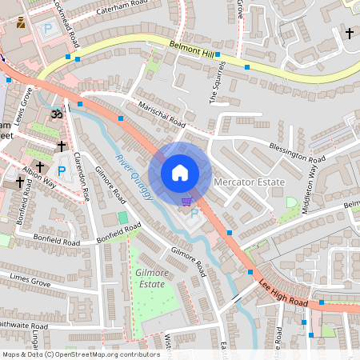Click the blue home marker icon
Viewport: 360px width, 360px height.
pos(180,173)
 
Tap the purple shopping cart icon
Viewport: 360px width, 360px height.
pos(186,202)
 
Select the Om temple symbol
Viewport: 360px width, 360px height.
pos(56,115)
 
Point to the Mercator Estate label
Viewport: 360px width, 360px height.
pos(250,182)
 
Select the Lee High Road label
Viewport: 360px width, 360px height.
pos(283,292)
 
